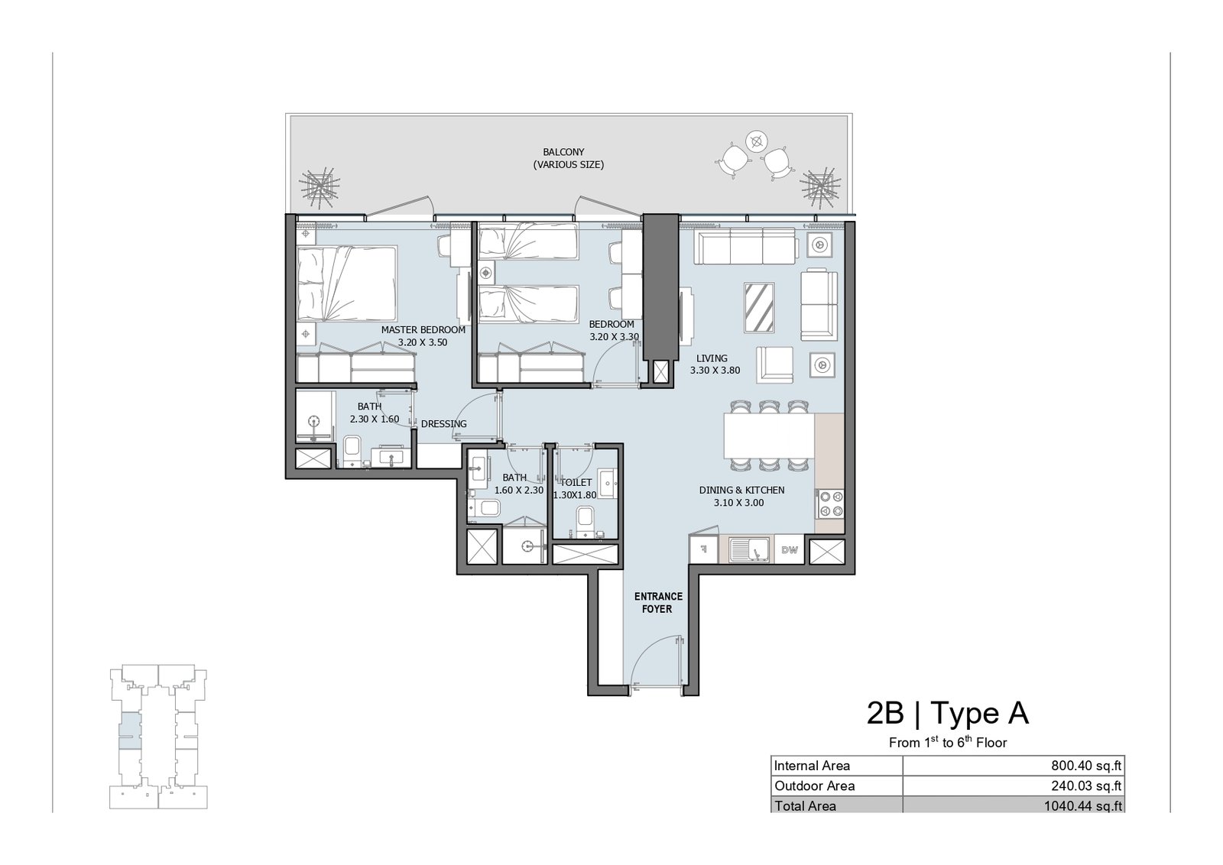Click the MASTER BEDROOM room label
(x=423, y=329)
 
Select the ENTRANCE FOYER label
(x=658, y=602)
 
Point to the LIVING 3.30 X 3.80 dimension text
(x=715, y=370)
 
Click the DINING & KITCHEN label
(x=741, y=490)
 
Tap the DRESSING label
(x=444, y=423)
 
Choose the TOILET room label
(x=576, y=482)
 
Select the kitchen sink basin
(x=748, y=549)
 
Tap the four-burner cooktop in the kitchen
(x=830, y=504)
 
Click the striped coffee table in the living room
(x=759, y=307)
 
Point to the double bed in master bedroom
(x=347, y=283)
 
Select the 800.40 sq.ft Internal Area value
(x=1086, y=766)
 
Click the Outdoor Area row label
(x=814, y=786)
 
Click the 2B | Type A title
(x=947, y=713)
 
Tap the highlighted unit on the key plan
(x=130, y=731)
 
